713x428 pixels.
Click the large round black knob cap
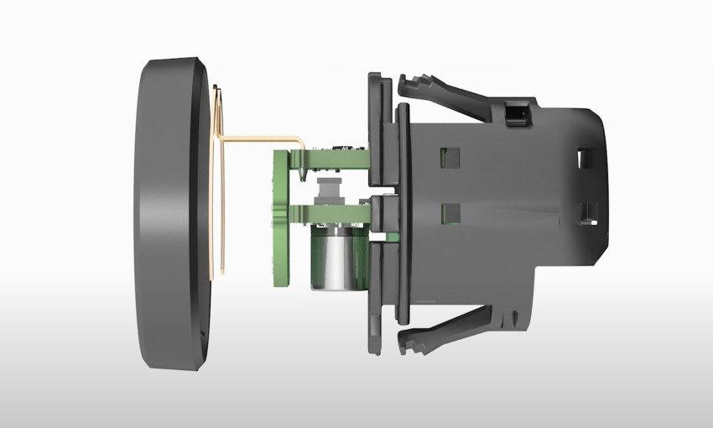pos(168,214)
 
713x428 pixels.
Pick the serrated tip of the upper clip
pos(411,85)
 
